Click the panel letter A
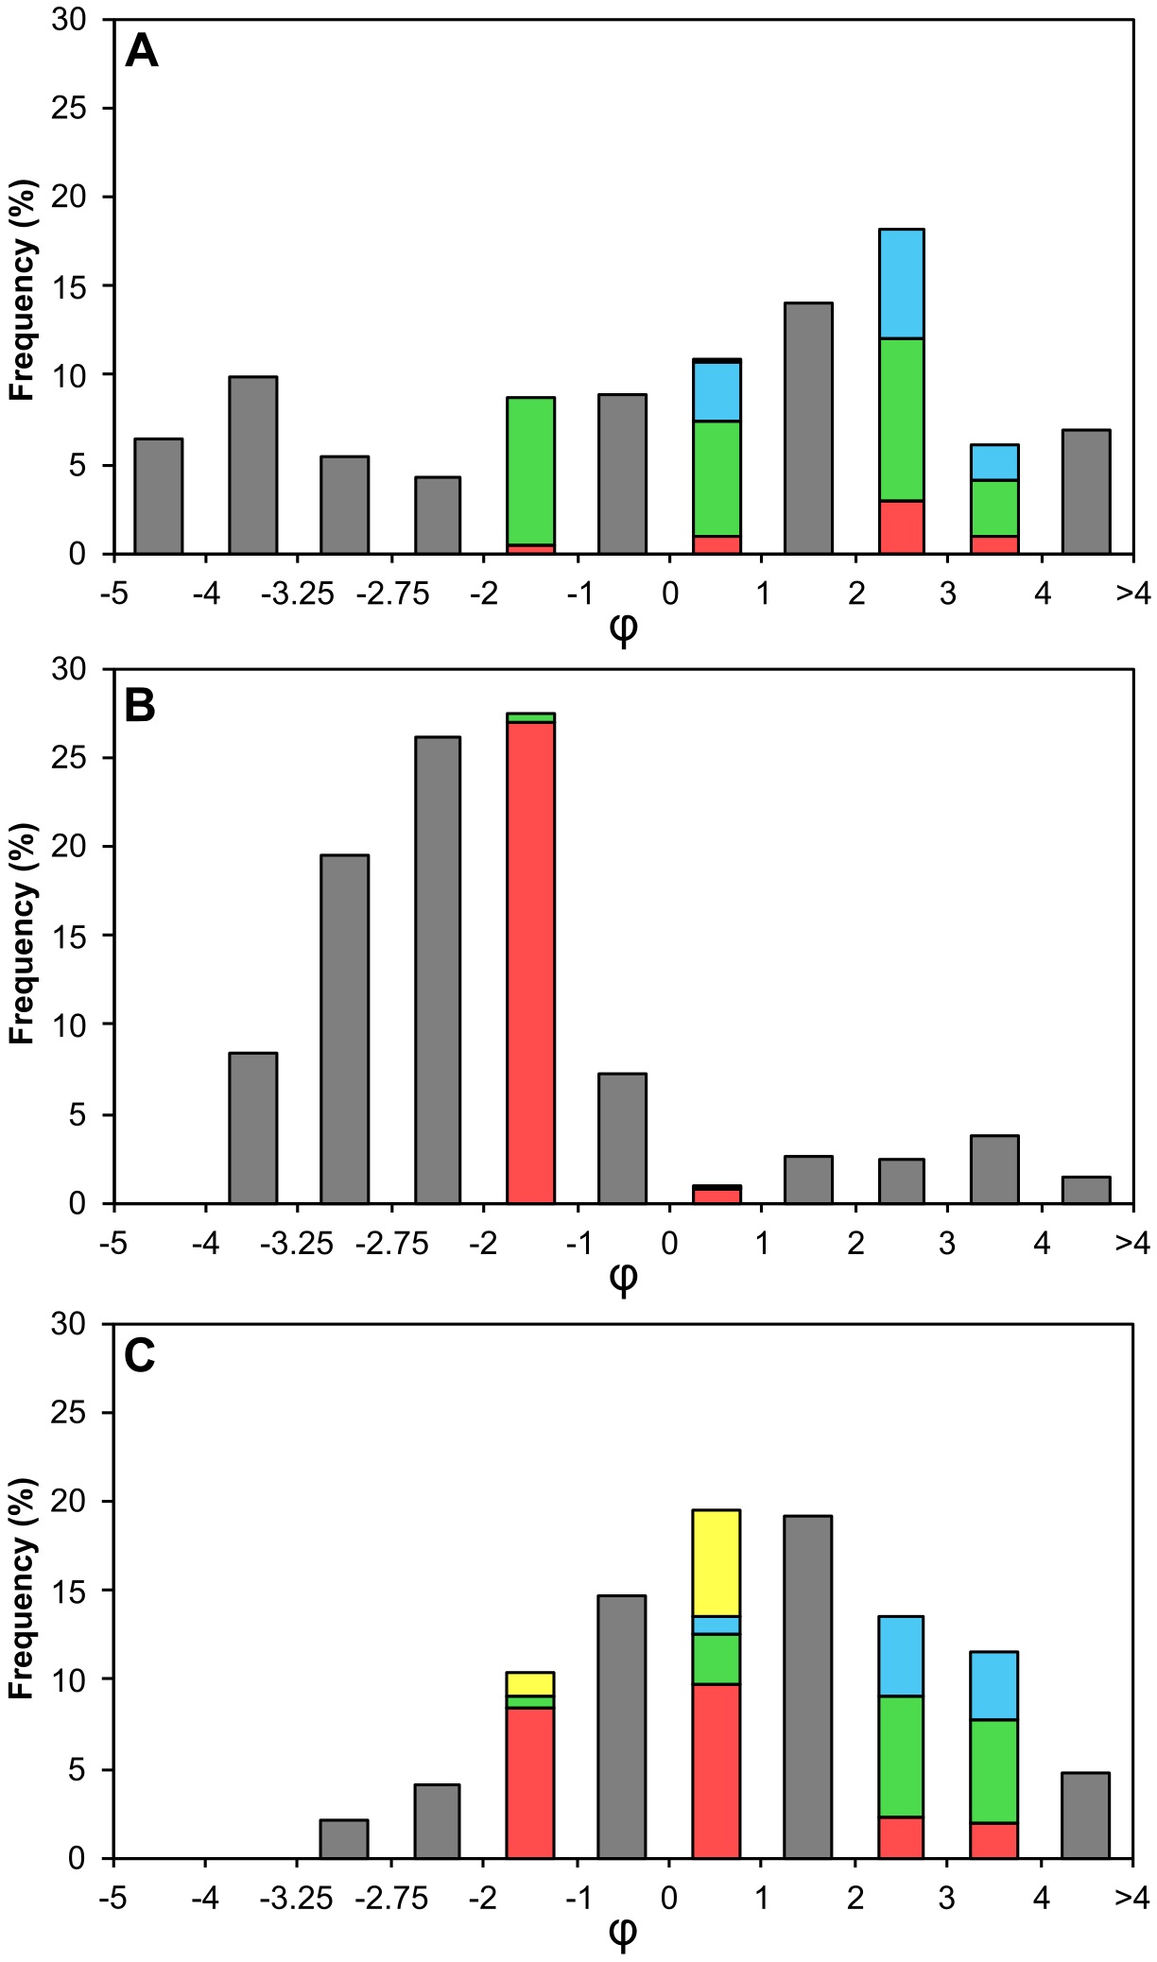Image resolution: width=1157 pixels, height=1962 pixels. point(142,52)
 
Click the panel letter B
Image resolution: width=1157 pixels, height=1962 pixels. point(140,706)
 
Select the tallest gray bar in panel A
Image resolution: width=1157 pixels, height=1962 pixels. point(808,427)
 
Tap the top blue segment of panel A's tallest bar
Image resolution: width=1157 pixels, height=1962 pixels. point(901,284)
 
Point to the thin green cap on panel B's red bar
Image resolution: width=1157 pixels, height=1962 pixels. point(530,718)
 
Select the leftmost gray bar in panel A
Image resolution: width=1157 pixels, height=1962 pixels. point(159,495)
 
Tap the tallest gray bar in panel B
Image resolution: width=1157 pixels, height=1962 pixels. point(438,970)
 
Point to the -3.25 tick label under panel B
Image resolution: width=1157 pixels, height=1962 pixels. point(298,1244)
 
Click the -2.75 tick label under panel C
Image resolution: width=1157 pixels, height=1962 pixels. point(391,1898)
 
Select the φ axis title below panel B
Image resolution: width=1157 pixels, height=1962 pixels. point(623,1278)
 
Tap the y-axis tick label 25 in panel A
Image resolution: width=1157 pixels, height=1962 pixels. point(69,108)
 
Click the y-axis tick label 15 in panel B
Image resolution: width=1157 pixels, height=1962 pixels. point(69,936)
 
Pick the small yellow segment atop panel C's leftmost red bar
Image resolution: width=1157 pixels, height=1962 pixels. point(530,1683)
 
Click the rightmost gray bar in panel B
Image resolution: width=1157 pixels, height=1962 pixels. point(1086,1190)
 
